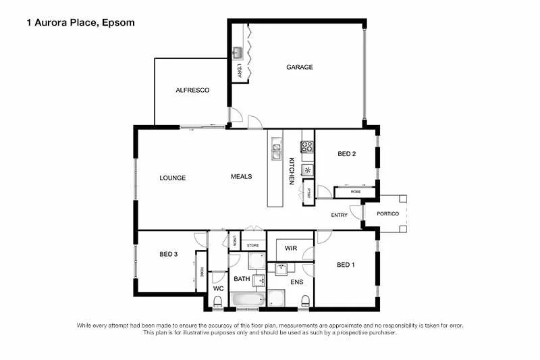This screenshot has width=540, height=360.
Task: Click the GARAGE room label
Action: point(299,67)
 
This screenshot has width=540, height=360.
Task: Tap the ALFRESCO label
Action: point(192,90)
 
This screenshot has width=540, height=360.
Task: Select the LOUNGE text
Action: point(172,178)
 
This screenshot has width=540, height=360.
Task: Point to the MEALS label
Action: point(241,176)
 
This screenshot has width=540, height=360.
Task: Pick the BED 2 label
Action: point(346,154)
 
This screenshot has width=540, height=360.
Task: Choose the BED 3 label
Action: point(168,254)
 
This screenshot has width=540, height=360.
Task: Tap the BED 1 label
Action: point(345,265)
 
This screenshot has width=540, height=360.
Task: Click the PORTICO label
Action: point(387,214)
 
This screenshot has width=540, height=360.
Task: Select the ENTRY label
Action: point(339,215)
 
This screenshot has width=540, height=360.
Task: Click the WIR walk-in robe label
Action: point(290,249)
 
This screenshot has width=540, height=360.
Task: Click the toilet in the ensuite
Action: point(305,301)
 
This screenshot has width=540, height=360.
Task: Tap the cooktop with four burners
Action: point(307,146)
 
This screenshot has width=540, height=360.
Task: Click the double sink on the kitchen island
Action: point(277,149)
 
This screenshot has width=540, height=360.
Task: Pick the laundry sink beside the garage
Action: point(238,53)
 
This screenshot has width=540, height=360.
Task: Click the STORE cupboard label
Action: point(253,245)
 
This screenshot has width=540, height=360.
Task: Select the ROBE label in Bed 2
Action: point(356,192)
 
